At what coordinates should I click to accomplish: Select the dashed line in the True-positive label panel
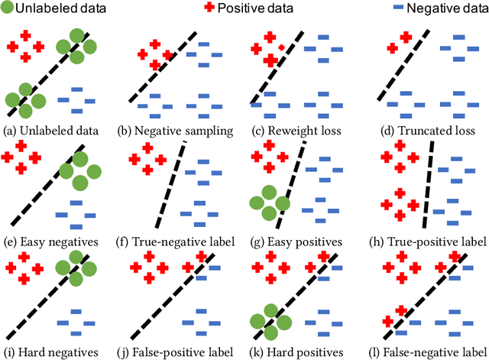(429, 183)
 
